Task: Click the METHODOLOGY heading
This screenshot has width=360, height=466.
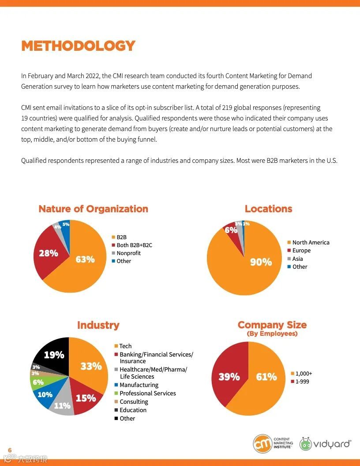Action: coord(78,46)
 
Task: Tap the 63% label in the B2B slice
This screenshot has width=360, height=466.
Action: coord(85,259)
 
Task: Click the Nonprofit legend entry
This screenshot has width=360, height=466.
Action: coord(128,253)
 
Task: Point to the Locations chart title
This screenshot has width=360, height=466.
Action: coord(268,209)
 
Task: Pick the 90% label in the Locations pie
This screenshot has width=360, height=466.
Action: coord(261,262)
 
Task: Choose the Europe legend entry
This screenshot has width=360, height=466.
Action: coord(301,251)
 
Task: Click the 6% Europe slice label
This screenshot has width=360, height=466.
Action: coord(231,230)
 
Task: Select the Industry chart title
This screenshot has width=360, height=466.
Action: coord(98,325)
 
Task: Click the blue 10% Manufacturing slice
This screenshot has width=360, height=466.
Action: coord(45,395)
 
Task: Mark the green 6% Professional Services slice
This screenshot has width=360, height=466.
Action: coord(38,382)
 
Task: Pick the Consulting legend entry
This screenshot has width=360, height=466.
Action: coord(134,402)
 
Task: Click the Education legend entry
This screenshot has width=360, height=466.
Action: coord(133,410)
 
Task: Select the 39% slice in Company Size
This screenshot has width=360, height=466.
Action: coord(229,376)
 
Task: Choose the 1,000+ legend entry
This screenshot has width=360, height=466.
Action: coord(304,373)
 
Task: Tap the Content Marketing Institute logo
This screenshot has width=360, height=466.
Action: coord(272,443)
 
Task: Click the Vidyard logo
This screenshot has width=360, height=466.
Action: coord(325,444)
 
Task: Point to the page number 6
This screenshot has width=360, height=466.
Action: coord(10,450)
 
